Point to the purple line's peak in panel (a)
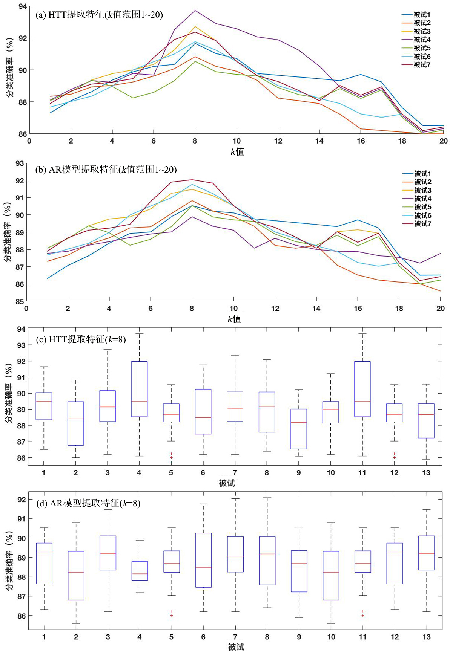[x=195, y=11]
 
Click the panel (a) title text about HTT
[x=99, y=15]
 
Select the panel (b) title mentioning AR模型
[x=106, y=170]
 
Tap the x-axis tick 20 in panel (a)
[x=443, y=141]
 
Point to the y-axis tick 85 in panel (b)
[x=20, y=301]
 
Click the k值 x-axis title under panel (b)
[x=234, y=319]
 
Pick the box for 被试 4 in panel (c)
[x=139, y=389]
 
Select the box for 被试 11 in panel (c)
[x=362, y=389]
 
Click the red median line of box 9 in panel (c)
[x=299, y=423]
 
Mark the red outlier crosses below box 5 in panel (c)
[x=171, y=456]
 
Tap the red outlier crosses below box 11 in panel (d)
[x=363, y=613]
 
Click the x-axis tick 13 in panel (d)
[x=426, y=637]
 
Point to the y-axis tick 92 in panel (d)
[x=22, y=500]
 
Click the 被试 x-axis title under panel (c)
[x=227, y=483]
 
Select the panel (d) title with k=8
[x=88, y=503]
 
